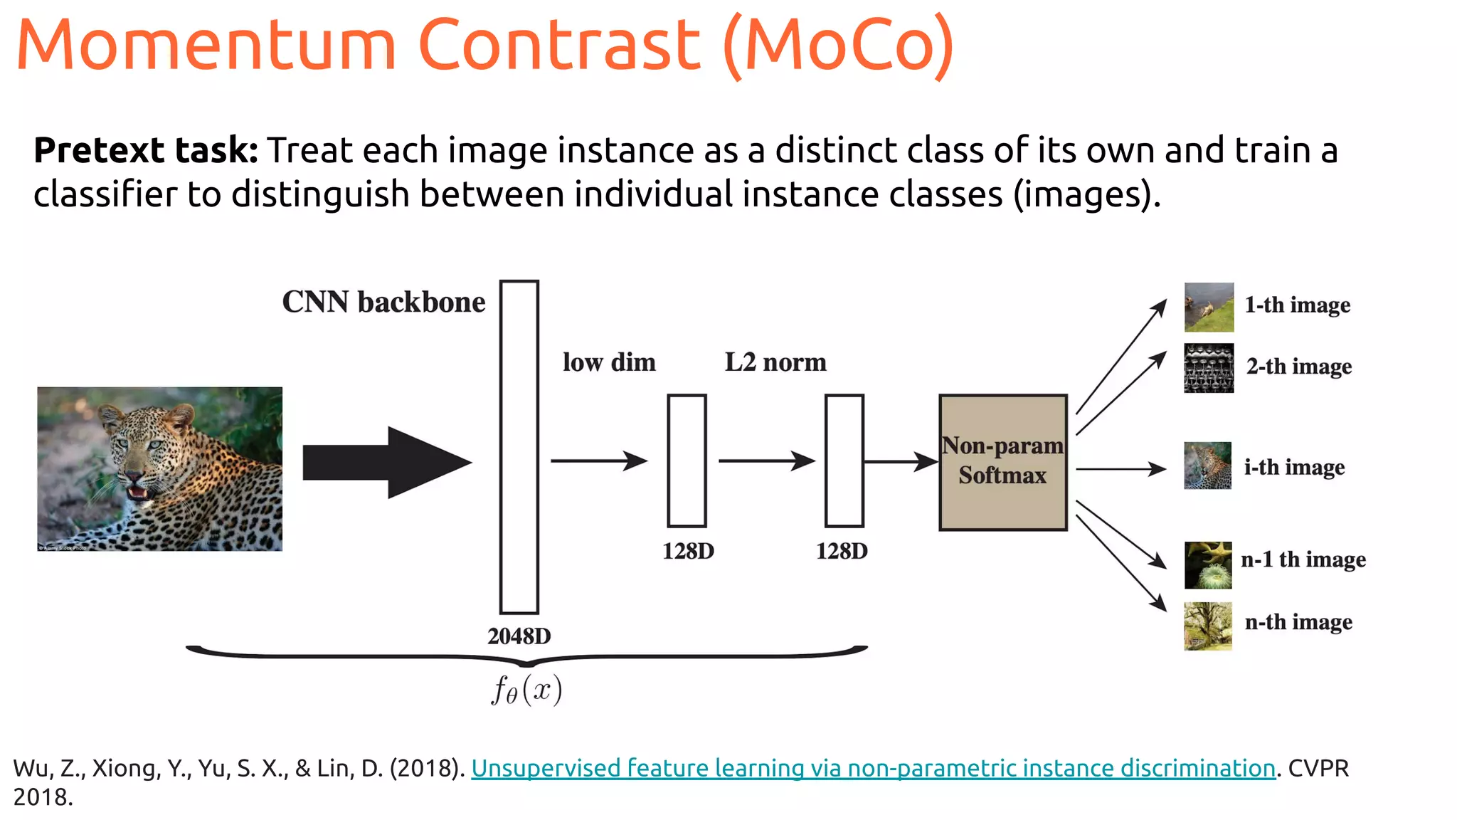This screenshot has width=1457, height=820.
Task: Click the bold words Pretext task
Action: click(x=146, y=151)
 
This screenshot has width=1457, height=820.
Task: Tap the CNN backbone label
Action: click(x=383, y=303)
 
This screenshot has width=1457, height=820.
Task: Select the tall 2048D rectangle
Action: click(x=519, y=446)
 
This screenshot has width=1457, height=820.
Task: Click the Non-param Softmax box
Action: click(x=1002, y=462)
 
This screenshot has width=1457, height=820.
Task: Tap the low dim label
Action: click(x=609, y=362)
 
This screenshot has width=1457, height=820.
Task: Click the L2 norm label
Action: click(x=775, y=362)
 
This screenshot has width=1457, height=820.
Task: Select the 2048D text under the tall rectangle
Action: click(x=519, y=636)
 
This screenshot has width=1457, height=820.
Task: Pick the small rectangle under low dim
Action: click(x=687, y=461)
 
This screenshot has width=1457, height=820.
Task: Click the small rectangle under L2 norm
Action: click(x=844, y=461)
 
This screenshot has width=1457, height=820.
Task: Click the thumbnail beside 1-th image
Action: click(x=1208, y=307)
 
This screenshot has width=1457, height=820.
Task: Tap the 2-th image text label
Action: click(x=1299, y=367)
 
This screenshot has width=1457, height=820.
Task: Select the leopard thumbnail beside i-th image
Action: click(x=1207, y=466)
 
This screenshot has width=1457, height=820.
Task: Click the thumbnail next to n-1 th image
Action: click(x=1207, y=564)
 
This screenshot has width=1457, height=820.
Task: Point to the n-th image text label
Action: click(x=1298, y=622)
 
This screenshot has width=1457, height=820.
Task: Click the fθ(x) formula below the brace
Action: click(x=526, y=690)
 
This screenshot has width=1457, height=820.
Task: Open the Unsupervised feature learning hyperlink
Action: click(x=873, y=768)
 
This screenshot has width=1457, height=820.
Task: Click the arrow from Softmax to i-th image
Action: click(x=1120, y=469)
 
